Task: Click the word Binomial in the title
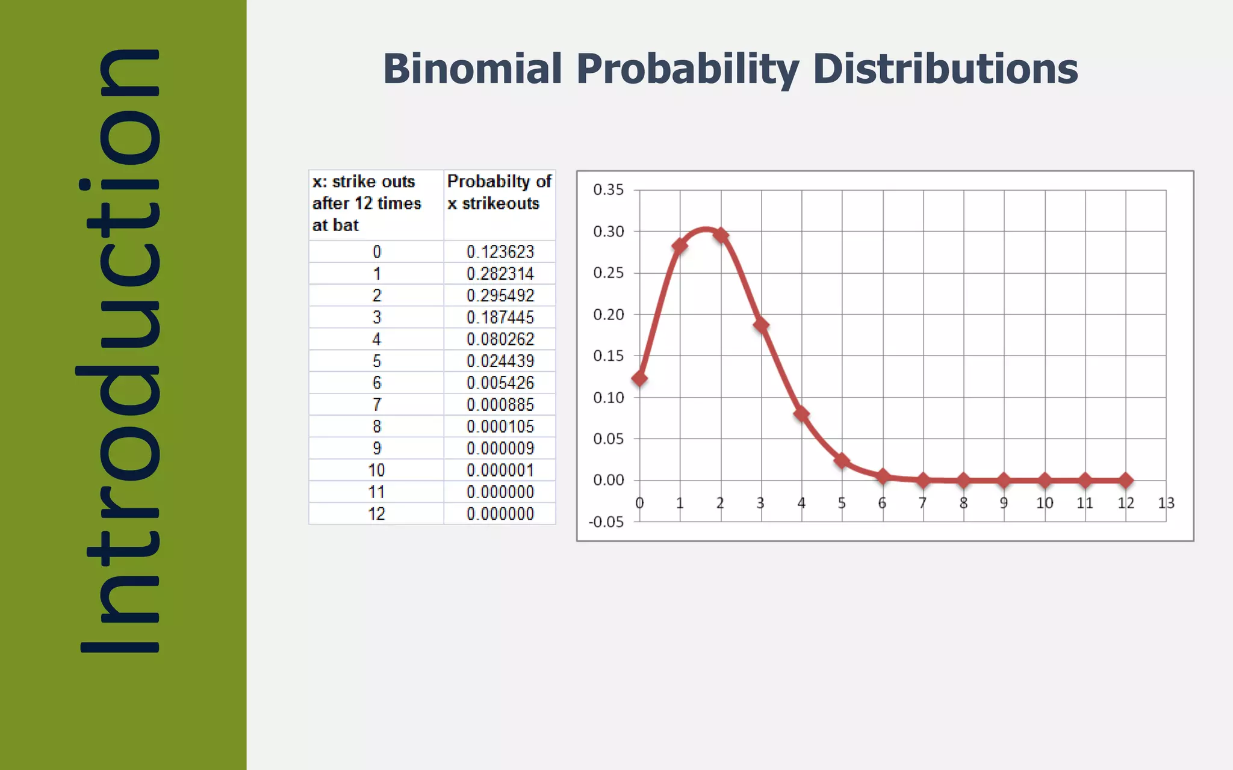473,69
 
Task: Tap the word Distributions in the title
945,69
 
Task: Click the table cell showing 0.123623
500,251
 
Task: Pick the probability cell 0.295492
500,295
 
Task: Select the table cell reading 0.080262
500,339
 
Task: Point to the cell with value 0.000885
500,405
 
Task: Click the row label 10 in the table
376,470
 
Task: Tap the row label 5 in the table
376,361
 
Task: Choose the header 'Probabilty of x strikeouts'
499,192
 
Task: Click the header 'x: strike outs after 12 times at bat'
366,203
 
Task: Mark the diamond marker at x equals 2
721,235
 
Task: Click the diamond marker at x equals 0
639,378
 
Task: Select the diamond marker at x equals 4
801,414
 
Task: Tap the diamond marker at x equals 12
1126,480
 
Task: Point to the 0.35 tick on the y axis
608,190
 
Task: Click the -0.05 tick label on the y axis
606,522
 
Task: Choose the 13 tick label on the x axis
1166,503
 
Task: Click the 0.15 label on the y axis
608,356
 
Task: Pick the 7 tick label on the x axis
922,503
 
